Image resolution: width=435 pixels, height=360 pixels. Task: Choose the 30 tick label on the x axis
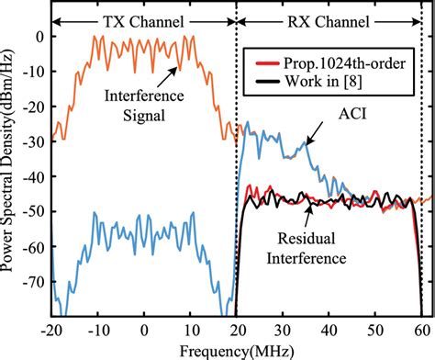(x=284, y=328)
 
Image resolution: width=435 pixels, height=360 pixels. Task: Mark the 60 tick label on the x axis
(x=422, y=328)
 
